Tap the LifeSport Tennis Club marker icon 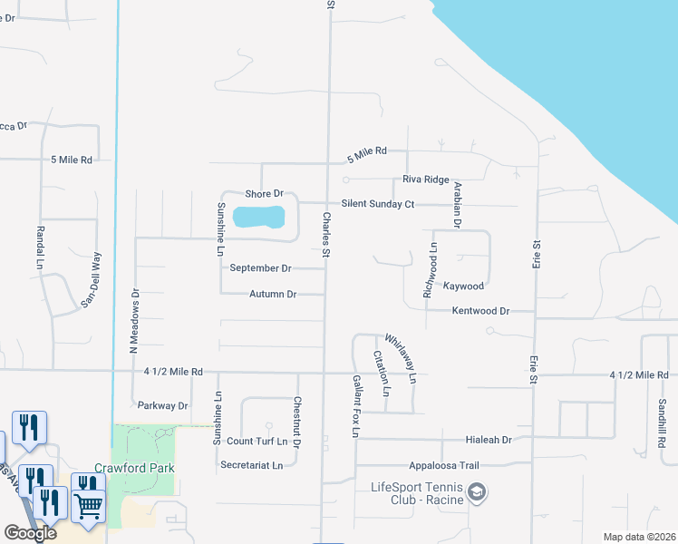pos(477,492)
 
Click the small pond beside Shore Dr pos(259,218)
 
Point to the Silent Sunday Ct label pos(377,204)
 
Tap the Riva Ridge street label pos(425,180)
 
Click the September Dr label pos(260,268)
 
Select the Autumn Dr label pos(273,294)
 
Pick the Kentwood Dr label pos(480,311)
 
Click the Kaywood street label pos(463,286)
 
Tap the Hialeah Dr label pos(489,440)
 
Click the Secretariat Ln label pos(252,465)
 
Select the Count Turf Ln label pos(263,441)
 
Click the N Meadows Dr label pos(133,320)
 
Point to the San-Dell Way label pos(90,282)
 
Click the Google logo pos(30,533)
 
